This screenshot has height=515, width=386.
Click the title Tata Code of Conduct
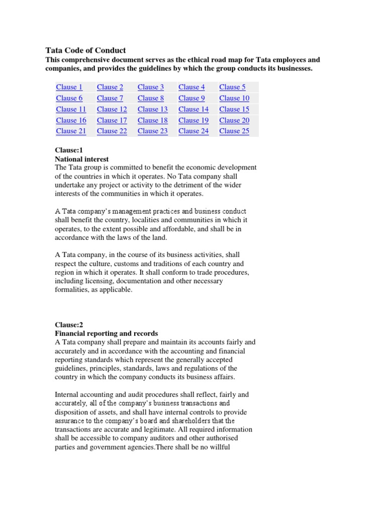pos(85,50)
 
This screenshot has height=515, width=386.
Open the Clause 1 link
pos(69,87)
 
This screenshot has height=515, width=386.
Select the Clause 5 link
pos(232,87)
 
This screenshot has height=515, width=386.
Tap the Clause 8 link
pos(151,98)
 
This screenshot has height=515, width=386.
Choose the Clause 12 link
pos(112,109)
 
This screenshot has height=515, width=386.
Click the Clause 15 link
pos(234,109)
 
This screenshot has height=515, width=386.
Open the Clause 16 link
pos(71,120)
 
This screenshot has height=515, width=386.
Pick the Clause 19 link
pos(194,120)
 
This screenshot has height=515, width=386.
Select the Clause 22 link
pos(112,131)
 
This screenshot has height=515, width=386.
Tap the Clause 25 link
pos(234,131)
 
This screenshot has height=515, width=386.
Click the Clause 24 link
pos(194,131)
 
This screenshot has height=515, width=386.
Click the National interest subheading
pos(81,159)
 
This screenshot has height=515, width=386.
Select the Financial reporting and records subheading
pos(106,333)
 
